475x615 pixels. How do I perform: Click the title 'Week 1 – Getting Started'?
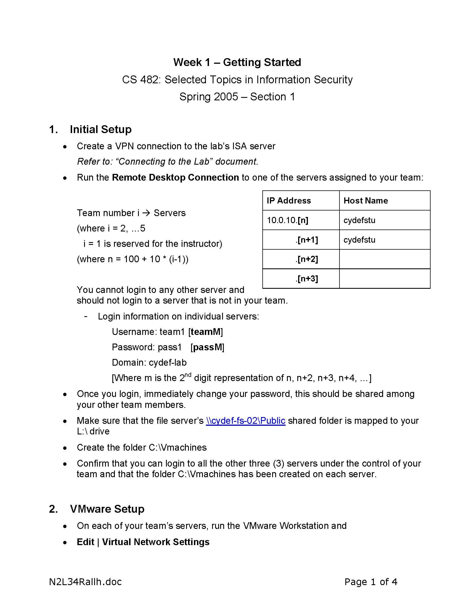coord(237,62)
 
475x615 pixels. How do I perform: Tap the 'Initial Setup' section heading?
coord(101,129)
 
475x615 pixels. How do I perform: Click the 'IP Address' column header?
coord(289,200)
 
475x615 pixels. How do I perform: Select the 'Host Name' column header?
coord(365,200)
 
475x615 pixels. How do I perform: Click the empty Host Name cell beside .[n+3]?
coord(384,279)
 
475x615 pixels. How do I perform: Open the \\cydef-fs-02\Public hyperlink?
coord(245,421)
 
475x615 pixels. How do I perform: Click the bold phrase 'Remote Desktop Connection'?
coord(175,178)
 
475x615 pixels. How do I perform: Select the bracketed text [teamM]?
coord(206,332)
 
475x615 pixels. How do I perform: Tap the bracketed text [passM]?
coord(207,347)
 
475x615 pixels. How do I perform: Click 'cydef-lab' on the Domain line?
coord(167,363)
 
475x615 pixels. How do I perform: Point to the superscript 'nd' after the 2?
coord(188,375)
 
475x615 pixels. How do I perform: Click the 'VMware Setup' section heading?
coord(107,509)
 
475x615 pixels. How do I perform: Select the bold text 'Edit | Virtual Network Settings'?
coord(143,542)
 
